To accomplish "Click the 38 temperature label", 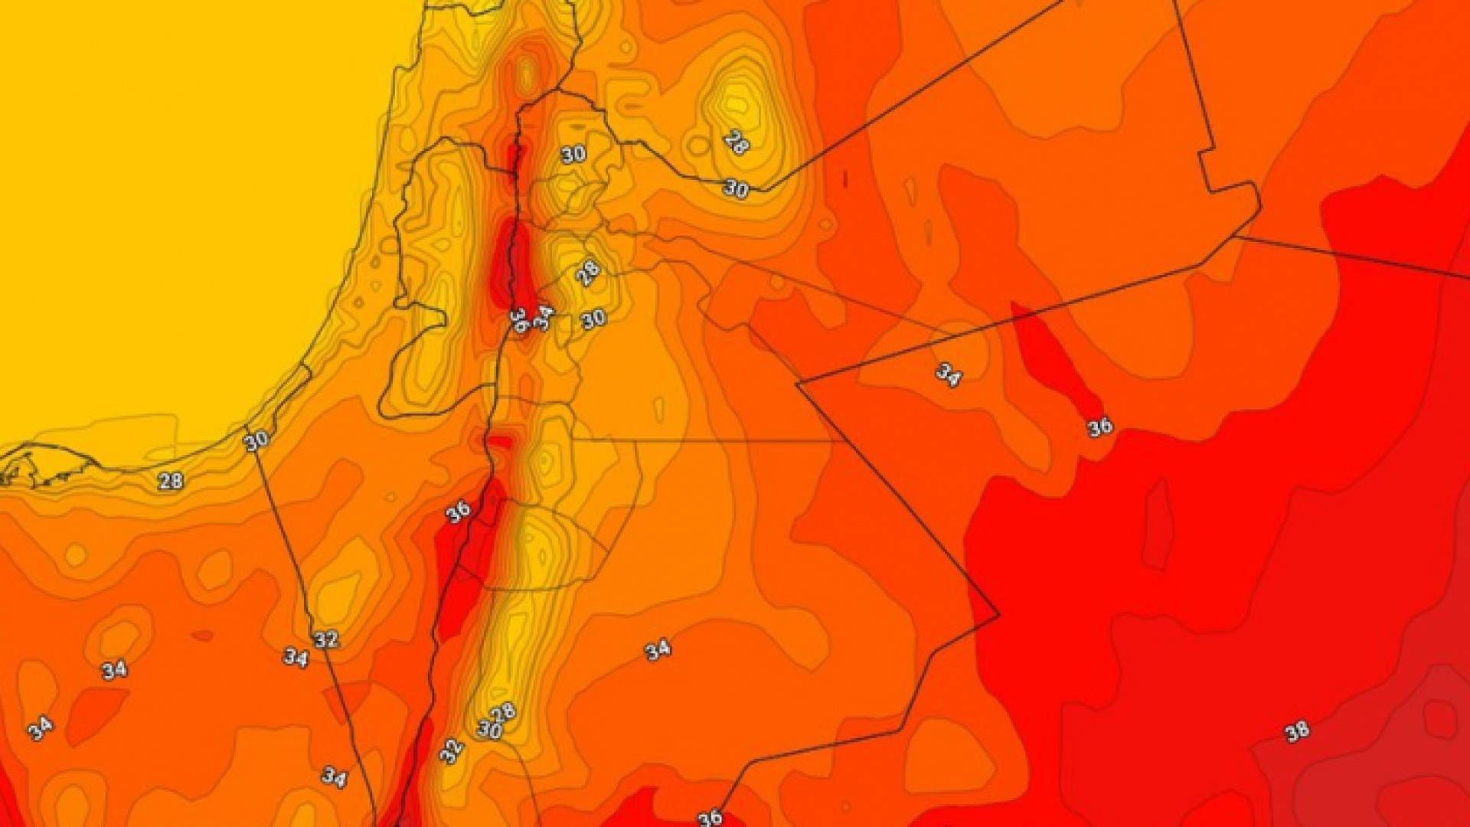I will pos(1297,731).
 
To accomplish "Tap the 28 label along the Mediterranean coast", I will pos(170,481).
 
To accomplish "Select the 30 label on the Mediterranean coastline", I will pos(256,440).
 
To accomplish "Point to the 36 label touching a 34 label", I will pos(519,320).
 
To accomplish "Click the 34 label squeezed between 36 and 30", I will pos(543,317).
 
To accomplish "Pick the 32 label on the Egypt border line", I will pos(326,639).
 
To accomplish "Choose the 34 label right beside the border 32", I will pos(296,657).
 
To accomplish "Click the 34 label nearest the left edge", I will pos(40,727).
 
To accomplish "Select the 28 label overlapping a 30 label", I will pos(504,713).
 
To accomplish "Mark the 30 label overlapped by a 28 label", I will pos(489,730).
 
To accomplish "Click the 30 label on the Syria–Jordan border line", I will pos(736,188).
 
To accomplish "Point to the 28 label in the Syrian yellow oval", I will pos(736,142).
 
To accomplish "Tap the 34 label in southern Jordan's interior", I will pos(658,650).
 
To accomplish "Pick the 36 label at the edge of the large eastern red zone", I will pos(1100,427).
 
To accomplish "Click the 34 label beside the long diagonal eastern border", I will pos(948,374).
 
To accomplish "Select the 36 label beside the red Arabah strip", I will pos(459,512).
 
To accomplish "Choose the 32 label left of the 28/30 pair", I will pos(452,751).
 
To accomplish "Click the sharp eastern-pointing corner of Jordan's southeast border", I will pos(998,614).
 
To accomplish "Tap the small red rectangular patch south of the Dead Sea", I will pos(501,442).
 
